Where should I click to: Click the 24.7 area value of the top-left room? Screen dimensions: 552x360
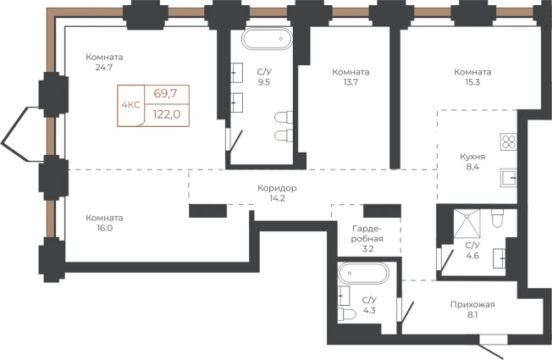[x=104, y=67]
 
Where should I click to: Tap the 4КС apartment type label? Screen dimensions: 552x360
[x=130, y=105]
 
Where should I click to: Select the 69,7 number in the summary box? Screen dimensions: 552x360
[x=165, y=94]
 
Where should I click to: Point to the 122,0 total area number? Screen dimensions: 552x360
[x=167, y=114]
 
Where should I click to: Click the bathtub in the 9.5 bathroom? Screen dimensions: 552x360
[x=267, y=39]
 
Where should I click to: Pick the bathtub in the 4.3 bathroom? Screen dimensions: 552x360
[x=363, y=273]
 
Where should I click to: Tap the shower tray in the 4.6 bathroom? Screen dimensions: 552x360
[x=466, y=224]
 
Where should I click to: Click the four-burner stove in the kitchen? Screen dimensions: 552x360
[x=508, y=142]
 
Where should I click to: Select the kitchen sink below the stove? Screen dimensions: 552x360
[x=508, y=178]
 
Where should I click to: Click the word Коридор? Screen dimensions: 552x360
[x=277, y=188]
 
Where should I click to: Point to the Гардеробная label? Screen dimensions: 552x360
[x=367, y=234]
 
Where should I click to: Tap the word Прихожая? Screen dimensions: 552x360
[x=472, y=304]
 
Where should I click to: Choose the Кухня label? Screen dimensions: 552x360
[x=472, y=157]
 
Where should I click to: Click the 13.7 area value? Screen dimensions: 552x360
[x=351, y=82]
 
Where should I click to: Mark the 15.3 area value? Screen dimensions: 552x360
[x=472, y=82]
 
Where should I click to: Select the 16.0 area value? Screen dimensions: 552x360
[x=104, y=228]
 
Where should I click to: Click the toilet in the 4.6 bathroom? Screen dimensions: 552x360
[x=497, y=218]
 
